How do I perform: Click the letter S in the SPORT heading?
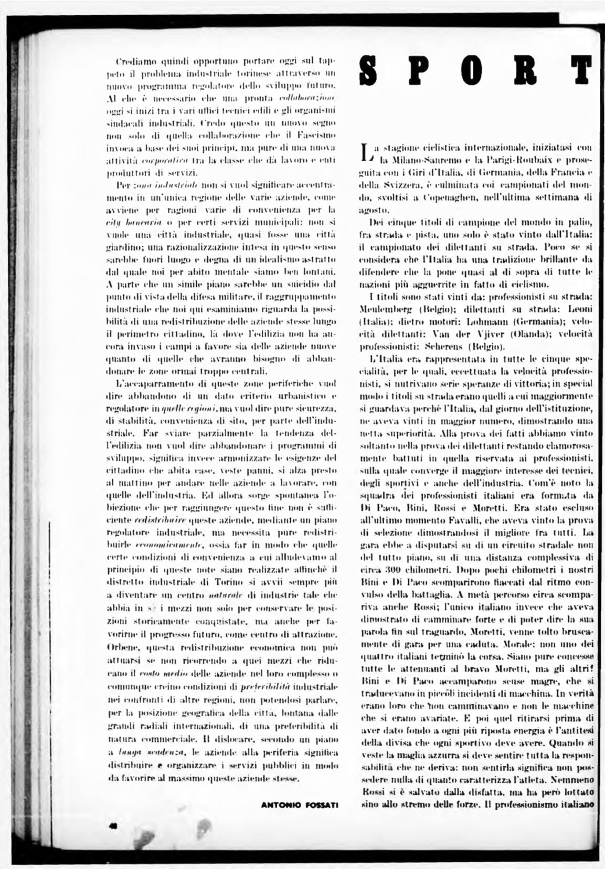click(x=370, y=72)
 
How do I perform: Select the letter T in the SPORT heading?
click(x=583, y=72)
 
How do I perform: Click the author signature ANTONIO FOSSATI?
click(x=300, y=805)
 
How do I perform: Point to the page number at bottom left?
click(x=112, y=826)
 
